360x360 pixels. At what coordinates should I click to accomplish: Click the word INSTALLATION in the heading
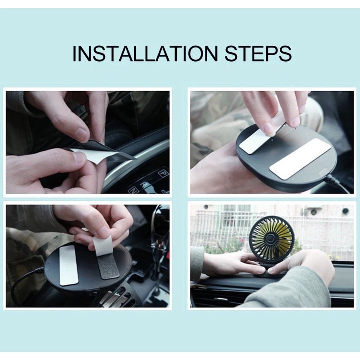click(x=145, y=54)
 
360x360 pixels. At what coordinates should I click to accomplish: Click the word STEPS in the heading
click(x=258, y=54)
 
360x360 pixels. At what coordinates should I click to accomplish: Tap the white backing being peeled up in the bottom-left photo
click(x=102, y=245)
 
